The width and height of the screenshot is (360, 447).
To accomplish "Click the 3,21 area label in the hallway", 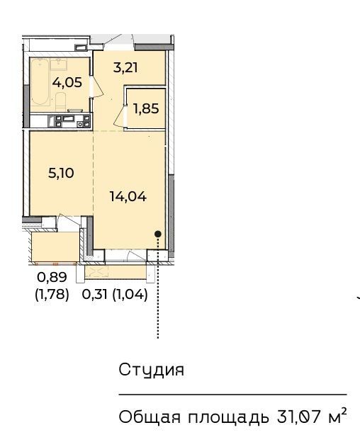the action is [x=125, y=68].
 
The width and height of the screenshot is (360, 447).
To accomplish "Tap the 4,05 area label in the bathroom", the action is [x=67, y=82].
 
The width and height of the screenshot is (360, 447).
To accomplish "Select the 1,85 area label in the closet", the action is [x=146, y=108].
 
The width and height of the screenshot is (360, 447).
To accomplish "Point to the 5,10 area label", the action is [x=61, y=173].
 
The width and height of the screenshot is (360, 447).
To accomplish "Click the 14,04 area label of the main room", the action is [x=128, y=196].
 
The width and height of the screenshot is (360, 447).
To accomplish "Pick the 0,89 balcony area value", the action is [x=52, y=277].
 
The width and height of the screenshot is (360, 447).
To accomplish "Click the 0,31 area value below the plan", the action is [x=94, y=294].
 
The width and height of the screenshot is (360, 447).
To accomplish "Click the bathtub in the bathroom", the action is [x=40, y=81].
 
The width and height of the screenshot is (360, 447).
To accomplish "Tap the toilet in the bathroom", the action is [x=60, y=101].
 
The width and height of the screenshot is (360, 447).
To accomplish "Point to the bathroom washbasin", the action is [x=59, y=64].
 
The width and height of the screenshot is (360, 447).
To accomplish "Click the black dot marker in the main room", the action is [x=158, y=234].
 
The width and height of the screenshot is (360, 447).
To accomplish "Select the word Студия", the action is [x=151, y=370].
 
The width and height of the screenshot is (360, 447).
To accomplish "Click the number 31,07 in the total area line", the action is [x=298, y=417].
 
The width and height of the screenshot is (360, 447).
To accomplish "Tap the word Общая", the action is [x=150, y=417].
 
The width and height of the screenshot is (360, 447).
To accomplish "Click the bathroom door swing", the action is [x=97, y=86].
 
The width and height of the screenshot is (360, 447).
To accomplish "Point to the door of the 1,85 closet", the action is [x=120, y=116].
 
